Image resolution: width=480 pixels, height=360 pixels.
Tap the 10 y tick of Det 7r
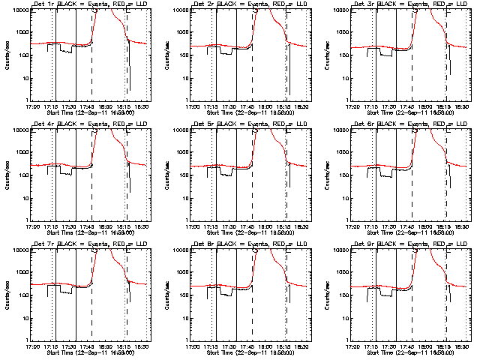24,318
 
